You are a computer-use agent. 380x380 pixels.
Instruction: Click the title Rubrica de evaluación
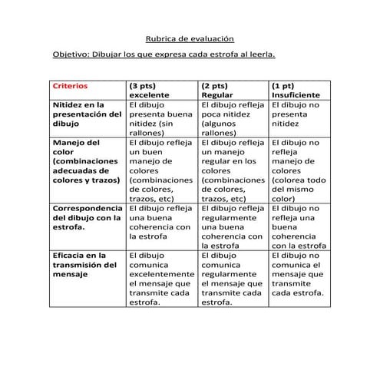click(190, 38)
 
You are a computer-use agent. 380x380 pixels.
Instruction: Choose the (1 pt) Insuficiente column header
click(296, 90)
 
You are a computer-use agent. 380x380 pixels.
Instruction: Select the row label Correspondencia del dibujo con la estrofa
click(87, 217)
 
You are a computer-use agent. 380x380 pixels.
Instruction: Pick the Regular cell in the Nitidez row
click(232, 117)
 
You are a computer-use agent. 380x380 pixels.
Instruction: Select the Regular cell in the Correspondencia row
click(232, 226)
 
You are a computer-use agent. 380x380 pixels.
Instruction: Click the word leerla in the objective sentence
click(259, 56)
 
